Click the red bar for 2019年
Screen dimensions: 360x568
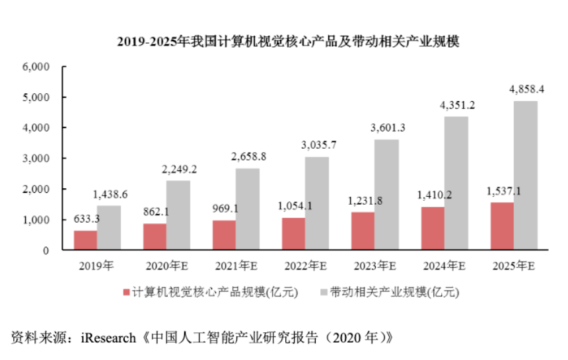coord(85,240)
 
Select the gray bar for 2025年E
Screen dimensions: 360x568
coord(525,176)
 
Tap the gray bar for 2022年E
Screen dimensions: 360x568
coord(317,203)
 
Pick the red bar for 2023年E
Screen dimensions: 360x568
coord(363,231)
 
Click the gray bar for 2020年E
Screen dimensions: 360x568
coord(178,215)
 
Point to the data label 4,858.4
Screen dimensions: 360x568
coord(526,89)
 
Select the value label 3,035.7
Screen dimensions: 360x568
coord(318,145)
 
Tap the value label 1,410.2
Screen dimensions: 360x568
coord(432,195)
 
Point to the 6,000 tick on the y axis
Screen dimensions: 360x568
coord(36,67)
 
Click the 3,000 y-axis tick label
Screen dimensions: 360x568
coord(36,159)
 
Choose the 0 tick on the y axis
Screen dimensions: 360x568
coord(47,250)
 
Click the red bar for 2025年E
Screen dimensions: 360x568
coord(501,226)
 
